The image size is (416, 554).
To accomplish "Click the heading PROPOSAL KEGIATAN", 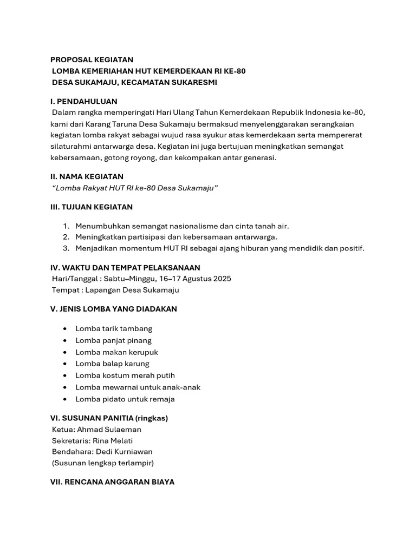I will [x=92, y=60].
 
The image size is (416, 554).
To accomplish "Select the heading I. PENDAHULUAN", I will [x=83, y=102].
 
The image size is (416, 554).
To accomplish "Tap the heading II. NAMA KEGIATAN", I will [x=87, y=176].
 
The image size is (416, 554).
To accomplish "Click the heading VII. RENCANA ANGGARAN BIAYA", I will [x=112, y=482].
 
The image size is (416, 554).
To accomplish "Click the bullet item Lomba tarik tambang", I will [x=114, y=328].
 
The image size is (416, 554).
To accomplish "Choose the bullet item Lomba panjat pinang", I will [x=113, y=340].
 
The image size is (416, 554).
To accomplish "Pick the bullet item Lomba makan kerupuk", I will [x=116, y=352].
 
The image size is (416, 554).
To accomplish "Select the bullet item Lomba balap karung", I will [x=112, y=364].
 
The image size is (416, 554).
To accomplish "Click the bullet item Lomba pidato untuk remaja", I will [x=125, y=399].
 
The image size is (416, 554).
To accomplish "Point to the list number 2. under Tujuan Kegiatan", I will [x=66, y=237].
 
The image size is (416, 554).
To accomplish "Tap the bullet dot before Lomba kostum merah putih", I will [x=65, y=375].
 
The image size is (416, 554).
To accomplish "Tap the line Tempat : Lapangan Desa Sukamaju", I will [x=115, y=290].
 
